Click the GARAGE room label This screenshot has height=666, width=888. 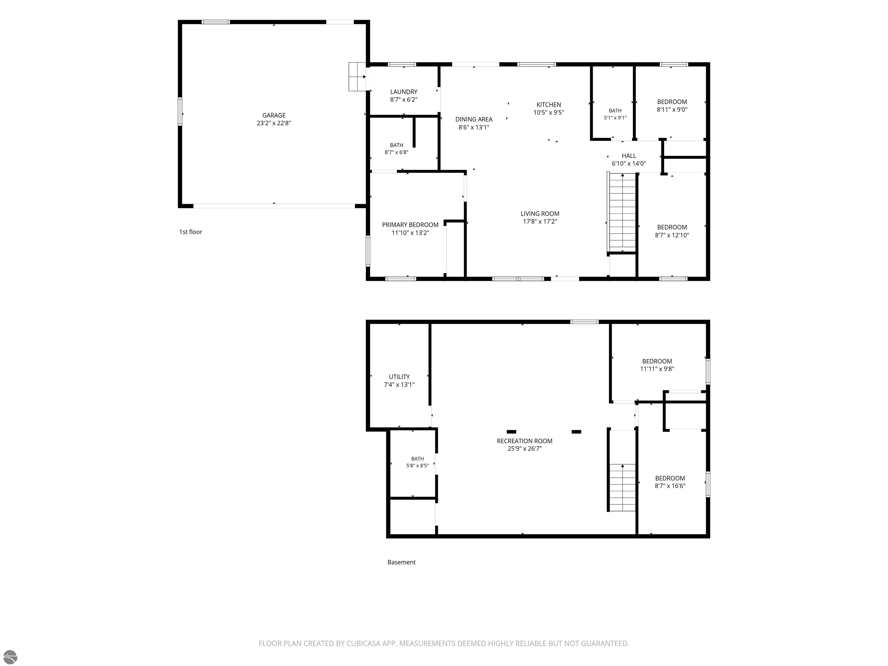tap(274, 115)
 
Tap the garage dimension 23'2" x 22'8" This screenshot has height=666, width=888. tap(274, 123)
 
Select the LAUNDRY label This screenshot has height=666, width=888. tap(404, 92)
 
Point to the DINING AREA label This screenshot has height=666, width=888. tap(474, 119)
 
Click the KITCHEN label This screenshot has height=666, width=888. tap(548, 105)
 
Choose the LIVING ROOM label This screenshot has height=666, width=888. tap(540, 214)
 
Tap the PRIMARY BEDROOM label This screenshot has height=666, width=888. tap(410, 225)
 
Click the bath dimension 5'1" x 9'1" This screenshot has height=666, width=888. tap(615, 118)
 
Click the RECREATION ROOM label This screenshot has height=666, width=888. tap(524, 441)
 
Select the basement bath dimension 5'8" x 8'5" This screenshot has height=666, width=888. tap(417, 466)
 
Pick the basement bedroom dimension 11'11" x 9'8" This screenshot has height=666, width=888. tap(657, 369)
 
